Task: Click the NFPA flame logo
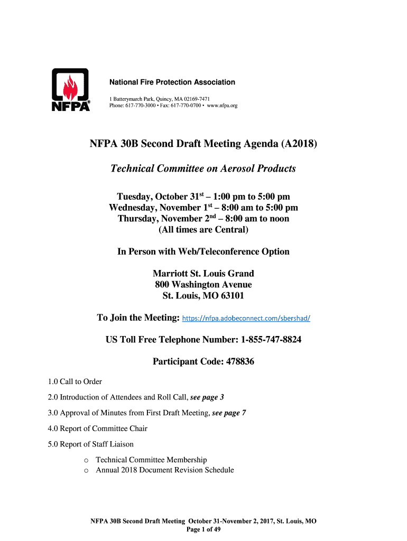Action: coord(70,90)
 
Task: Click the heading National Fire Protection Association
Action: coord(172,82)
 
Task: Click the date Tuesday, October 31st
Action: coord(158,197)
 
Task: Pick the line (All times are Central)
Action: coord(203,230)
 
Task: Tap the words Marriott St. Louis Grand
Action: coord(203,273)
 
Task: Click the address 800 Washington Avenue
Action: coord(203,285)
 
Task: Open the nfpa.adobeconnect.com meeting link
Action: coord(246,319)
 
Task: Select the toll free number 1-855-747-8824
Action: coord(271,340)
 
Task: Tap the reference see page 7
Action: coord(229,413)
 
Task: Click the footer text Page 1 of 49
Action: coord(203,529)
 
